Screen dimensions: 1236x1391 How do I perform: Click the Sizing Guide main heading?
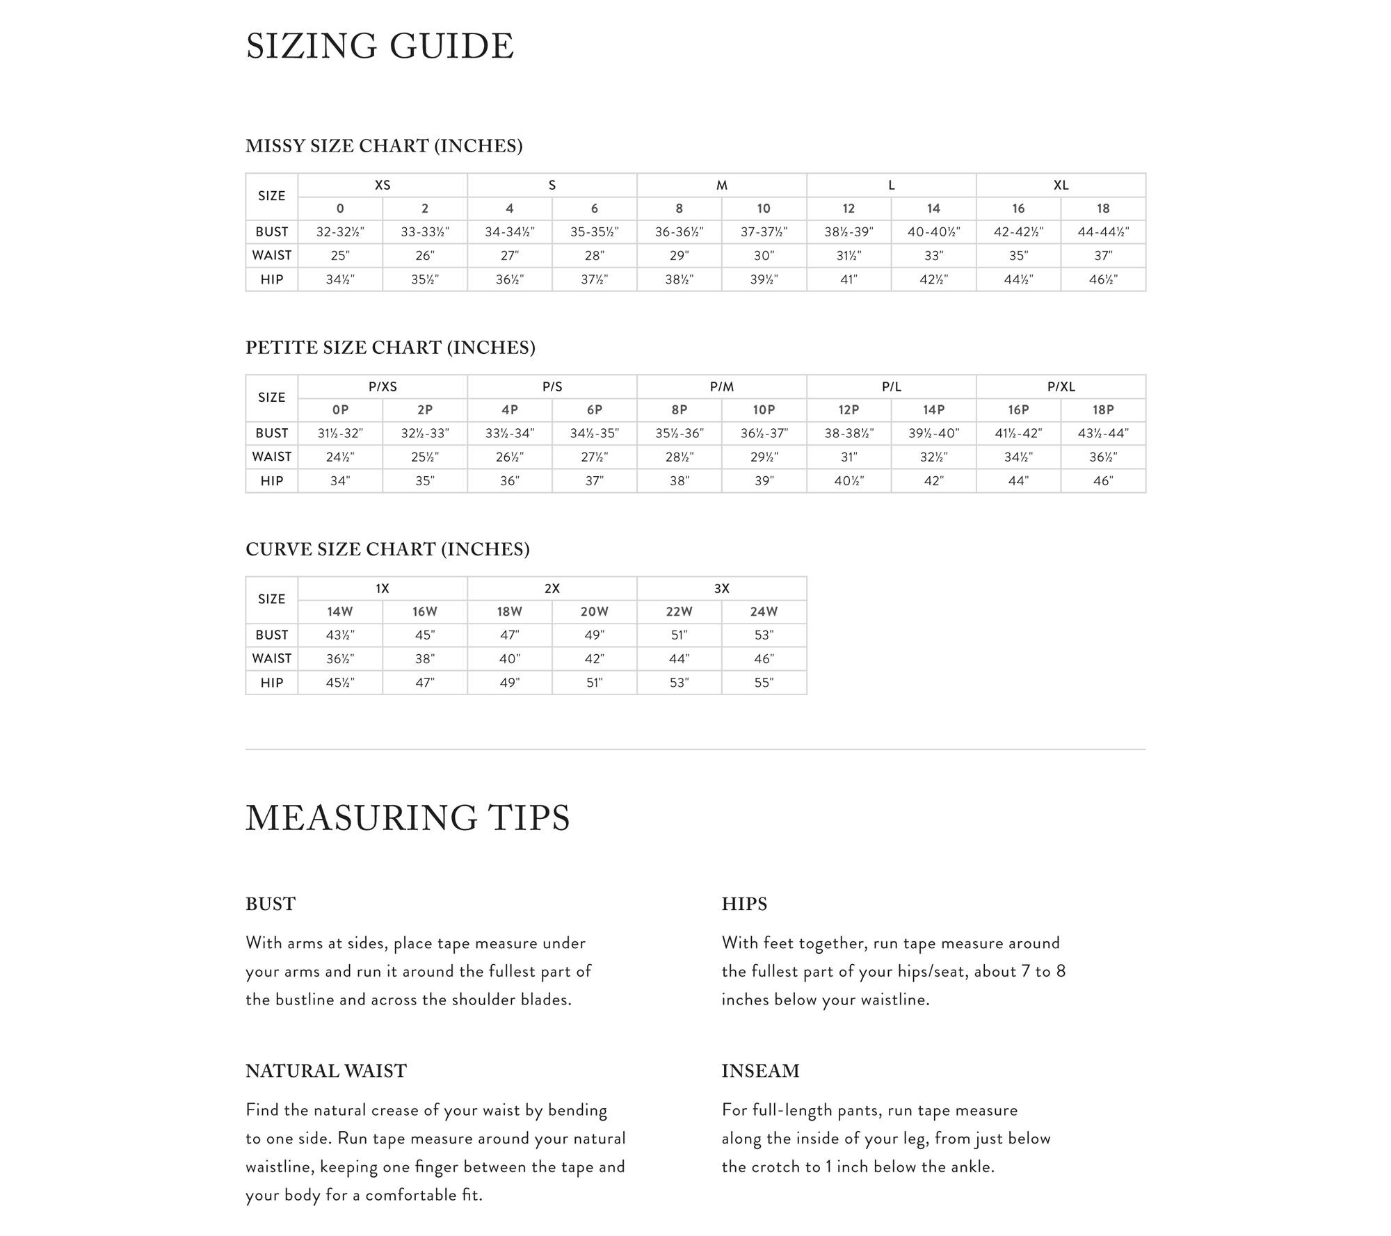point(380,47)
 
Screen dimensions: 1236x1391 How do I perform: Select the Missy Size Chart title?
point(384,146)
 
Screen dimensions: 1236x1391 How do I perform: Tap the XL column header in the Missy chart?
point(1061,185)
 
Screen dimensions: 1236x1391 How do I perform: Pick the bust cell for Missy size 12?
point(849,231)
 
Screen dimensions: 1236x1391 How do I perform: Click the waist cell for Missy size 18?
point(1103,255)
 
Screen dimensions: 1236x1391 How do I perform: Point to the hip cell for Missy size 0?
point(340,279)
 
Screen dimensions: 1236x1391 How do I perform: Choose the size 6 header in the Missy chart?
point(594,209)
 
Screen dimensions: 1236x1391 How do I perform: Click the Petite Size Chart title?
point(390,348)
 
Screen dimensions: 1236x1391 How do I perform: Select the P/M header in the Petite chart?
point(721,387)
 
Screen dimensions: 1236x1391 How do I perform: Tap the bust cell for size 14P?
point(933,433)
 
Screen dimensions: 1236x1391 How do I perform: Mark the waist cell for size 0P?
point(340,457)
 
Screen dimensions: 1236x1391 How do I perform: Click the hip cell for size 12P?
point(849,480)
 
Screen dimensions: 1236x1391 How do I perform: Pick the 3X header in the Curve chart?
point(721,588)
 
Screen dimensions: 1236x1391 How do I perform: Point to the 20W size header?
point(594,612)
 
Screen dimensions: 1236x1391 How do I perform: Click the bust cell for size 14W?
point(340,635)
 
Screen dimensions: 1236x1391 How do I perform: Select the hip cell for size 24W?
point(764,683)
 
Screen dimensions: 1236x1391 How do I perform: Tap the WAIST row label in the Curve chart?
point(271,658)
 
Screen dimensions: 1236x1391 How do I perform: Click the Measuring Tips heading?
point(408,818)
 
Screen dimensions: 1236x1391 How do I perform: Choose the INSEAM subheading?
point(760,1071)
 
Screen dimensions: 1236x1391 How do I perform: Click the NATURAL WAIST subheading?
point(325,1071)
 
